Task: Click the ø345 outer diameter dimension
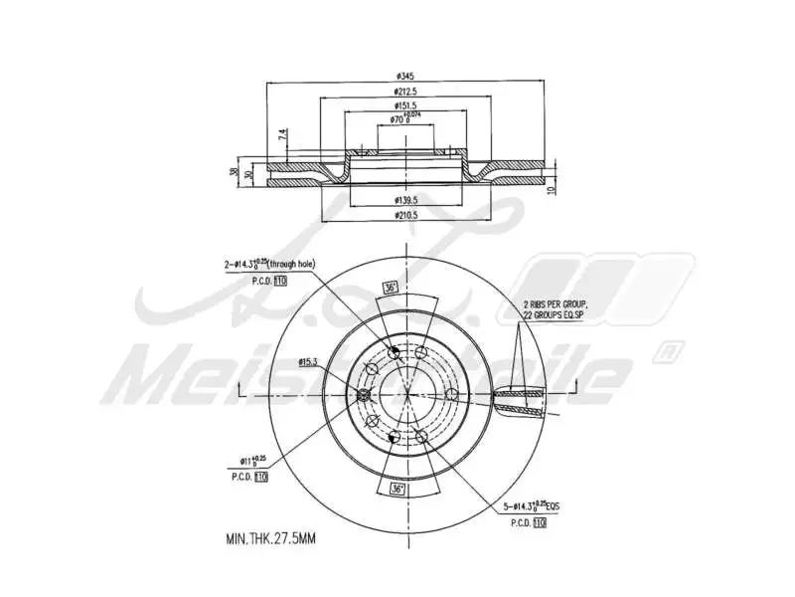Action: click(x=404, y=76)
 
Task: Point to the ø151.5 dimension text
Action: click(x=404, y=104)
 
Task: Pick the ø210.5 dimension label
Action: click(x=404, y=214)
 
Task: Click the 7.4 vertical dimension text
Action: click(x=282, y=134)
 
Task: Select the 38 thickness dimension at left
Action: click(x=235, y=173)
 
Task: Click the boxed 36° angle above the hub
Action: click(x=391, y=287)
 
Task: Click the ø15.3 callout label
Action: click(x=309, y=362)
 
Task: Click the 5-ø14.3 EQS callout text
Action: click(x=532, y=505)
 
